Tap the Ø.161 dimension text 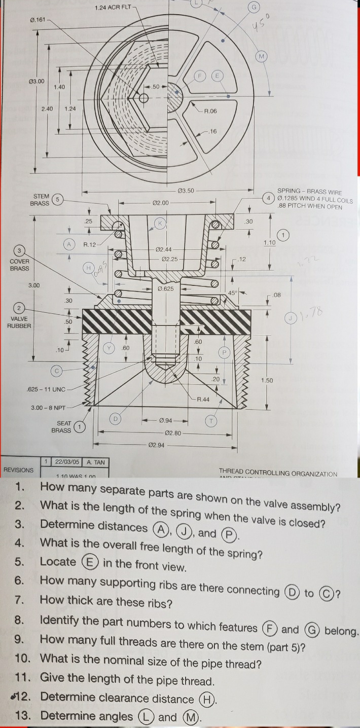38,20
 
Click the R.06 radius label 210,111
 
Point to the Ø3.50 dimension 187,191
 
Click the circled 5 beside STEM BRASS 58,199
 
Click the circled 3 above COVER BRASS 20,250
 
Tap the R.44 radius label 203,399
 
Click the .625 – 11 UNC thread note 46,389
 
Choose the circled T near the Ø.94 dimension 211,420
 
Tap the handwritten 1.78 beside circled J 307,318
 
